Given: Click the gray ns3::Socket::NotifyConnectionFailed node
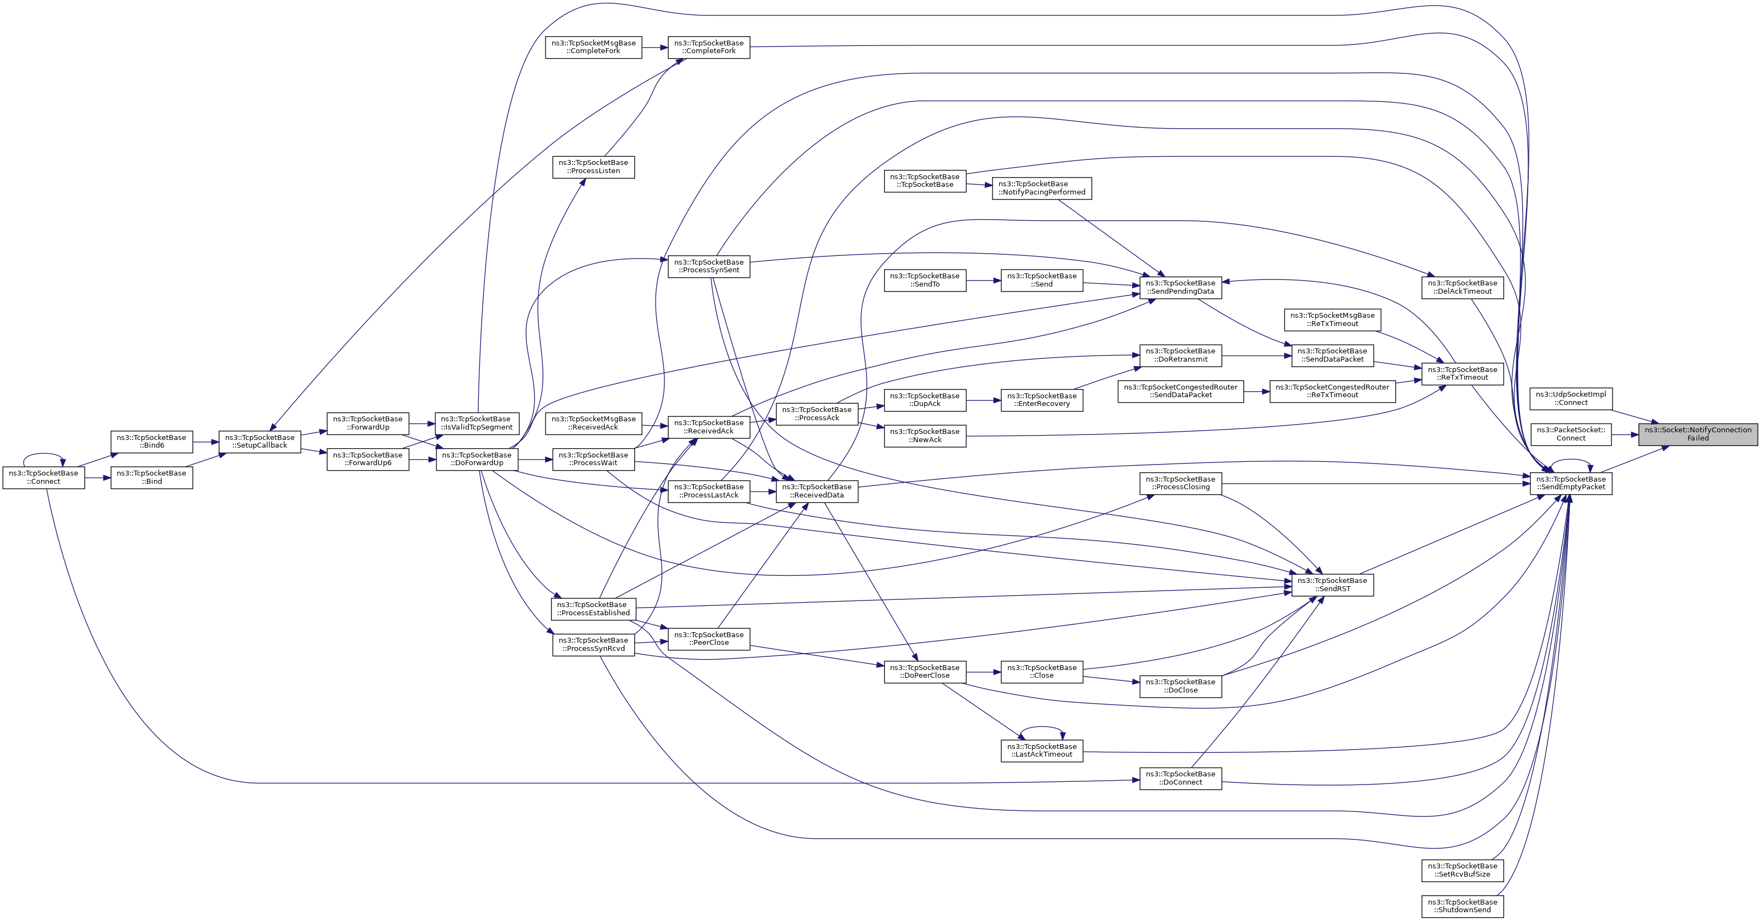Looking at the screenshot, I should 1697,434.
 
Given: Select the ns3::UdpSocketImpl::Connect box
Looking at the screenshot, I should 1571,399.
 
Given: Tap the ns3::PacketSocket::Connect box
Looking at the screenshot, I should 1571,434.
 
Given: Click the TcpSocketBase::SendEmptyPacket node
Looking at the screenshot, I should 1571,483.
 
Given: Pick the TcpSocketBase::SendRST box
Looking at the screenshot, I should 1332,585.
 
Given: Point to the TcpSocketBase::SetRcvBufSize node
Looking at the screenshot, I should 1462,871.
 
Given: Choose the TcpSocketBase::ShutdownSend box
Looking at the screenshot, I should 1462,906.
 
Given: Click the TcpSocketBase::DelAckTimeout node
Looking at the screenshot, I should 1462,287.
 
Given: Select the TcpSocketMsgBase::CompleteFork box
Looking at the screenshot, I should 593,47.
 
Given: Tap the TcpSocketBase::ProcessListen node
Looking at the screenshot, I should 593,167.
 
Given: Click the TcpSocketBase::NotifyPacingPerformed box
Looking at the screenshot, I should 1042,188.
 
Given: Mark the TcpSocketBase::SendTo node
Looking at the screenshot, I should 925,281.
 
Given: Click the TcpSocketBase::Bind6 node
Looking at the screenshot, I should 152,442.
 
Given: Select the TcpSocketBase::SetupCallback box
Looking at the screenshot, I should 260,442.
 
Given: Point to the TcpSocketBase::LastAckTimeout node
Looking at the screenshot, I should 1042,751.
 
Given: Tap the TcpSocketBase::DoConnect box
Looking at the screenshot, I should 1180,779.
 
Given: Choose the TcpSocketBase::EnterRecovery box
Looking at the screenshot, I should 1042,400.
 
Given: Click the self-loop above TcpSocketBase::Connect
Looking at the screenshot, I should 44,455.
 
